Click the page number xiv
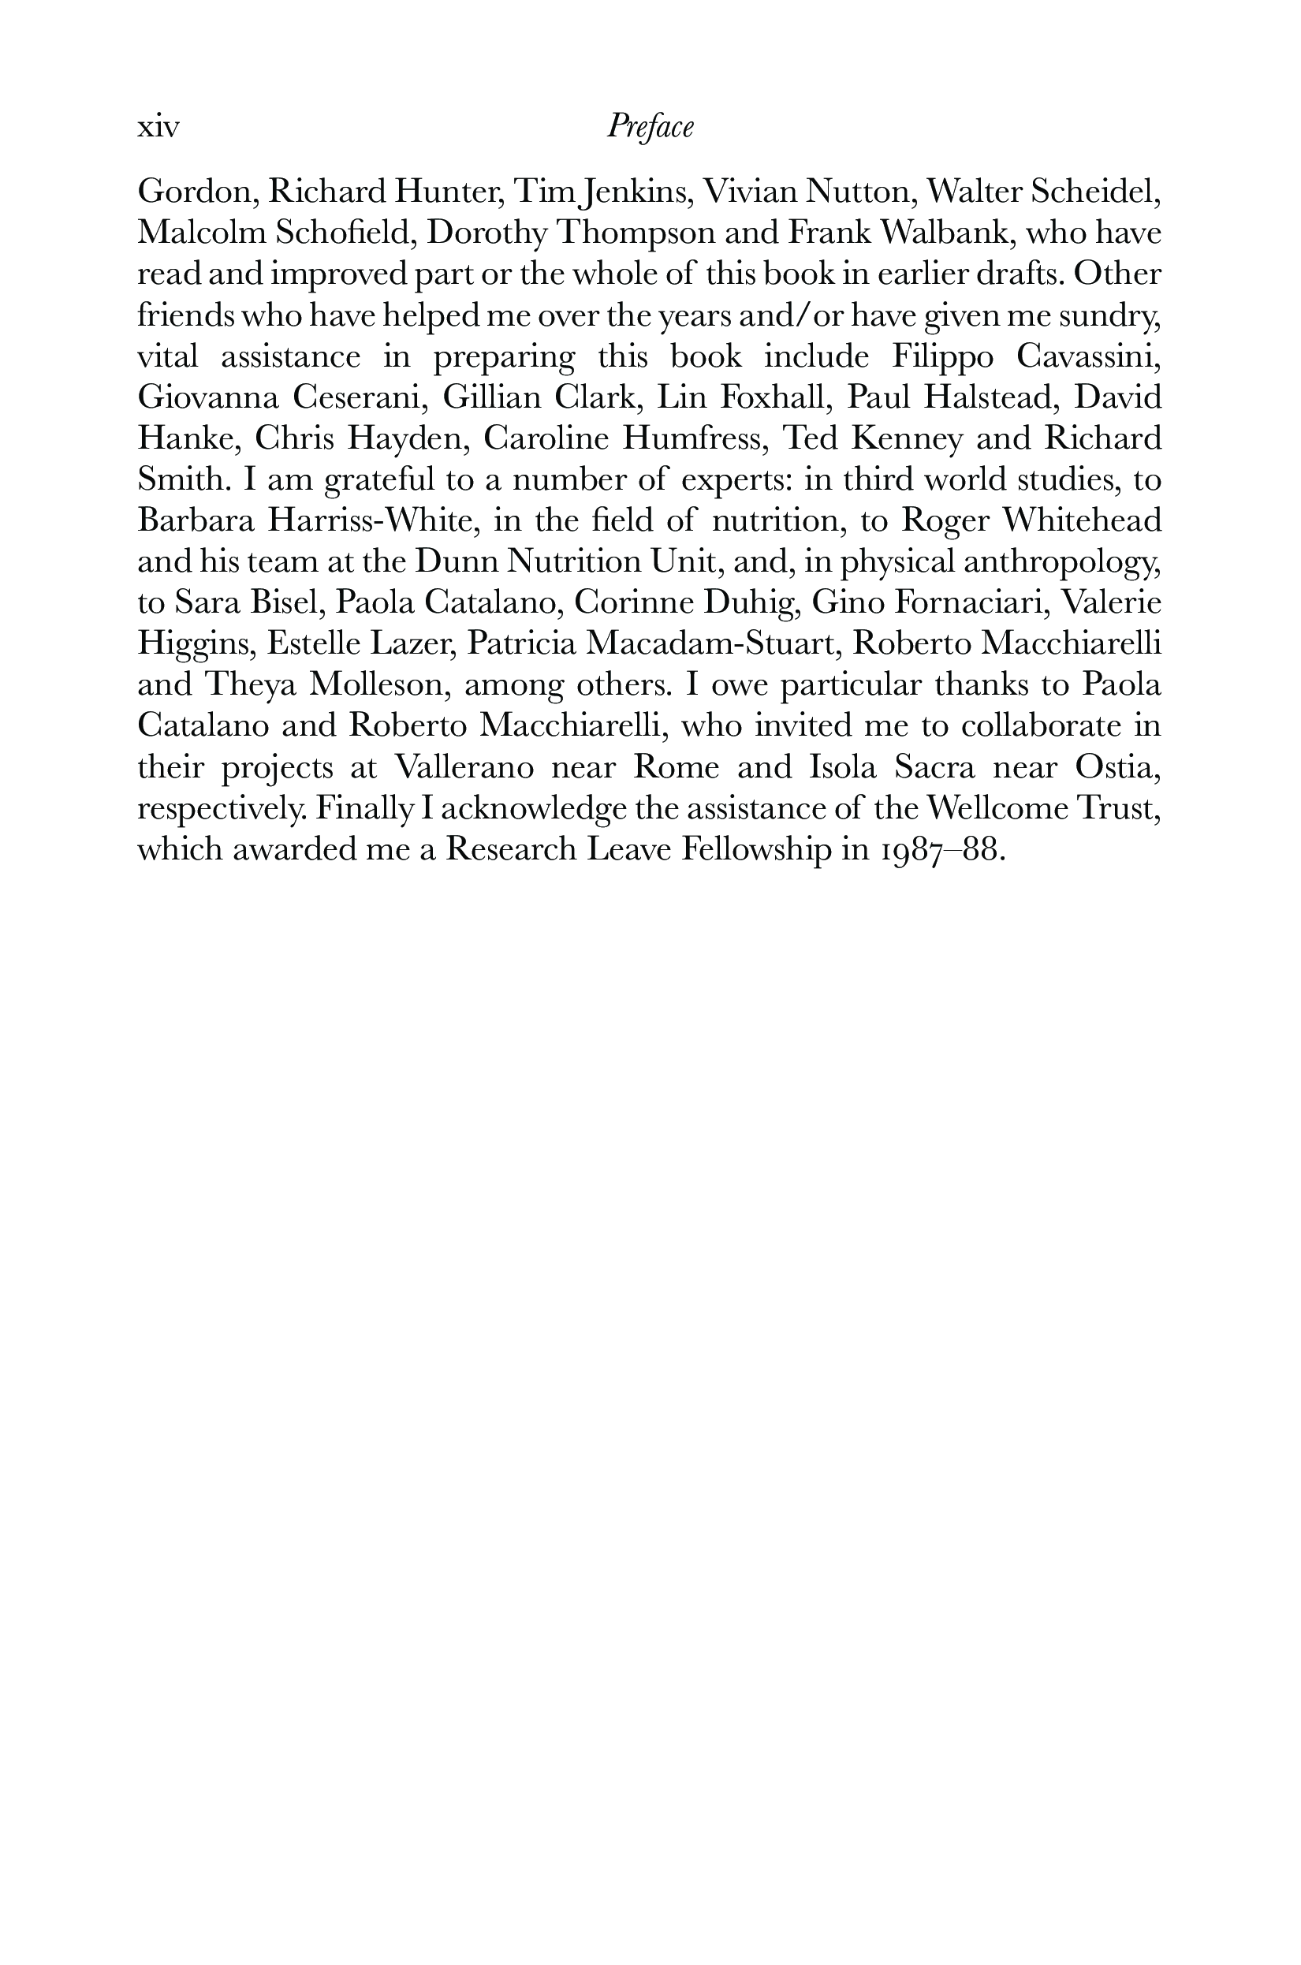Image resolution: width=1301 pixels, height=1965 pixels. point(158,128)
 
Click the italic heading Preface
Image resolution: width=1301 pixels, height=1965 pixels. point(650,127)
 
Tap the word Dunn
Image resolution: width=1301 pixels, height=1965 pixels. point(456,561)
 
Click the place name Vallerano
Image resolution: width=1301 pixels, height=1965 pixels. point(463,766)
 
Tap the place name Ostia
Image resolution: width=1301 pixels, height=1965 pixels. point(1116,766)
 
